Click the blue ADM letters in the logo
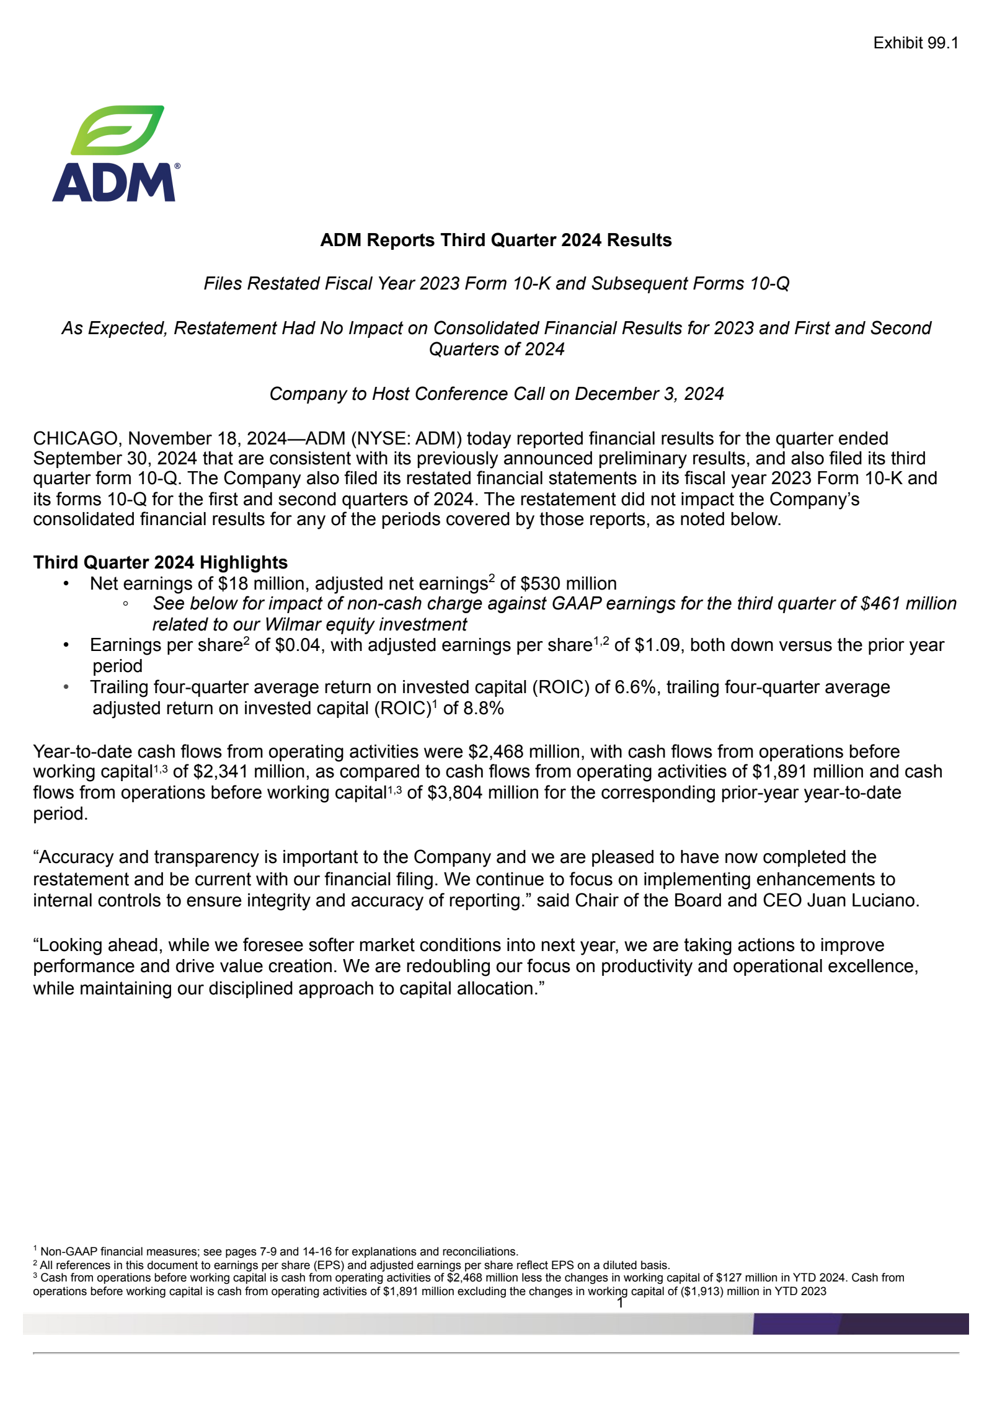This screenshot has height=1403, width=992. click(113, 183)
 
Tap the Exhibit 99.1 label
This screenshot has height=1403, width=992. click(915, 43)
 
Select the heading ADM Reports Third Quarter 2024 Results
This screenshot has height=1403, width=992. click(495, 240)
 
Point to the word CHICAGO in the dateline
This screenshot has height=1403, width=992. click(75, 438)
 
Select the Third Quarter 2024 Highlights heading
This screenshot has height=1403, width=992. click(160, 562)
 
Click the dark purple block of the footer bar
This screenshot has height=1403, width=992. click(903, 1324)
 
